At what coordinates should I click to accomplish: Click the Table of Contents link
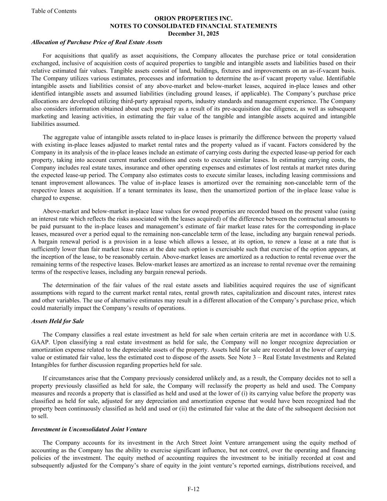point(54,11)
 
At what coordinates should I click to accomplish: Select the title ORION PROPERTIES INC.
point(193,18)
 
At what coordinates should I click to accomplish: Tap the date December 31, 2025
point(193,33)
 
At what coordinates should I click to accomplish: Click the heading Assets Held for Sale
point(58,321)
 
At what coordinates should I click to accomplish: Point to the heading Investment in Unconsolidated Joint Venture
point(89,429)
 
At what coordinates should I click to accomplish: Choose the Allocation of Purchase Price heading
point(97,42)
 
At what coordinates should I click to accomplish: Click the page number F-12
point(193,489)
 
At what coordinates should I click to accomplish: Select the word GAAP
point(39,342)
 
